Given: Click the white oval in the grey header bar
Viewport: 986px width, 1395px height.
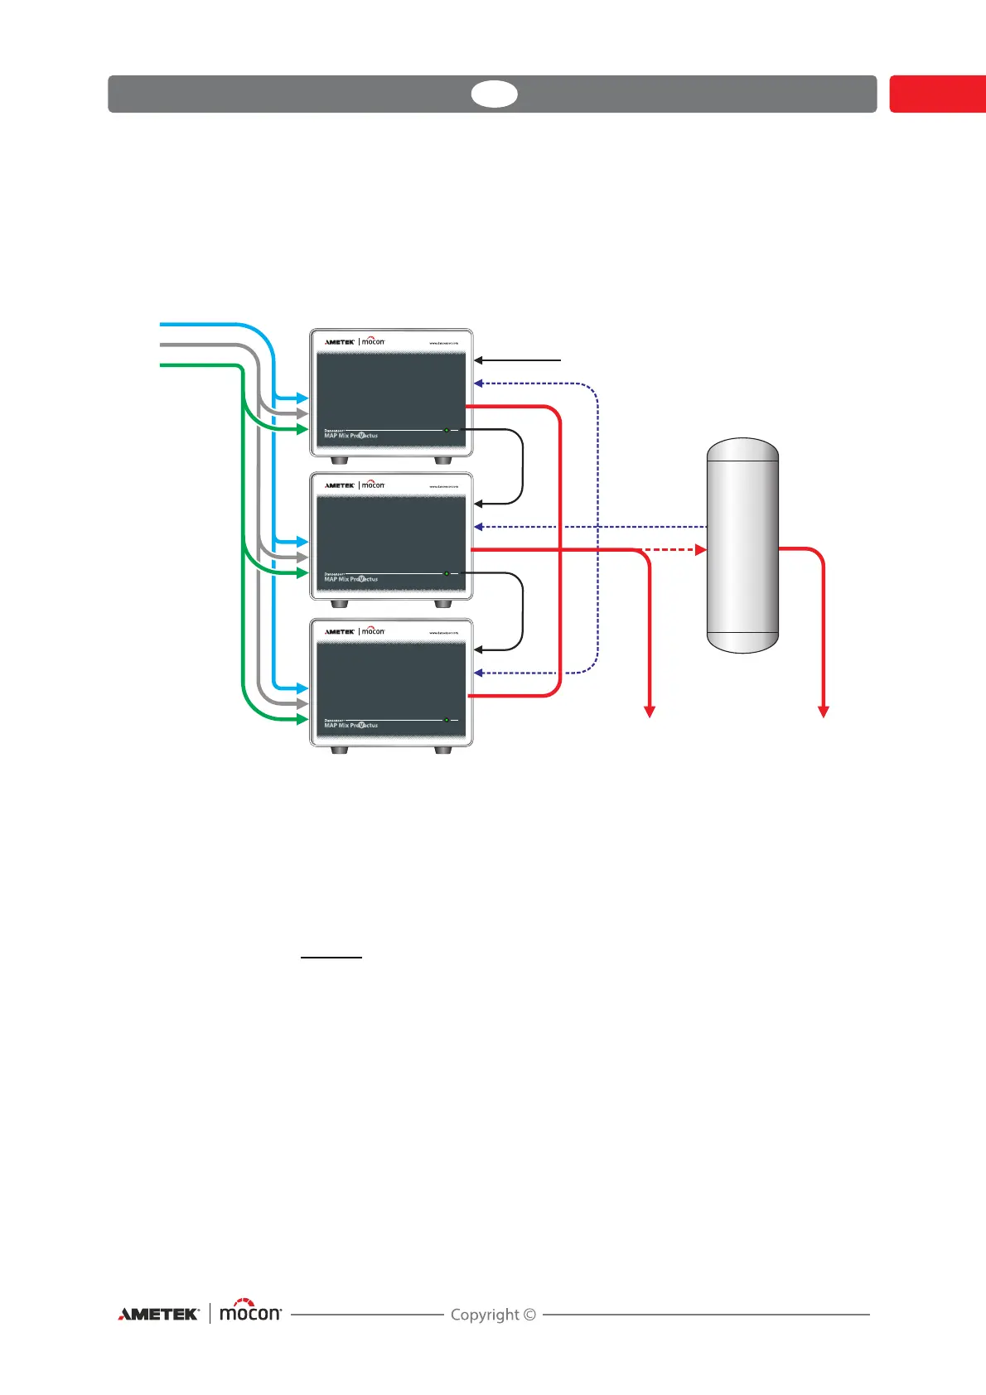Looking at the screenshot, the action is point(495,94).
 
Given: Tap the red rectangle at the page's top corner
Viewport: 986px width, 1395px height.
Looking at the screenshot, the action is point(937,94).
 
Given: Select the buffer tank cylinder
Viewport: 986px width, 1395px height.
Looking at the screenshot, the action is point(742,546).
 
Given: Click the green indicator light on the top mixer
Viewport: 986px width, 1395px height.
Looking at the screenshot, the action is point(447,430).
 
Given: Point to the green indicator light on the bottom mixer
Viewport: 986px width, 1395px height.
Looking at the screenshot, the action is point(447,720).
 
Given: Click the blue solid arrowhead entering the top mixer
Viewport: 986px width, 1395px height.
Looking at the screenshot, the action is point(302,398).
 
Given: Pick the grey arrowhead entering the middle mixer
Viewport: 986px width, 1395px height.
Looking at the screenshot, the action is point(302,558).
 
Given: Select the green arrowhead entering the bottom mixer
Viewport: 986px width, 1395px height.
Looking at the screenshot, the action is point(302,719).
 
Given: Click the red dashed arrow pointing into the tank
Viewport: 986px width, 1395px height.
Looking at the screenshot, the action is point(674,549).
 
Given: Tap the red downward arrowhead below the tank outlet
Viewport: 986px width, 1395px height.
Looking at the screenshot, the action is point(824,711).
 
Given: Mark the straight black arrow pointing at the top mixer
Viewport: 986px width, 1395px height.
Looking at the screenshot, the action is point(518,360).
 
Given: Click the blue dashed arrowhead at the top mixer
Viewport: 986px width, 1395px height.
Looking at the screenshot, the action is point(479,384).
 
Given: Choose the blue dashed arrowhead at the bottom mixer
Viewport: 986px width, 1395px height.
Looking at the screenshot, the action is point(479,673).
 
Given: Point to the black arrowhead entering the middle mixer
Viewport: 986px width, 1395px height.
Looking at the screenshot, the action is point(479,504).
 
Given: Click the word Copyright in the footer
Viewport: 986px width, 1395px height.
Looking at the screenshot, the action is point(485,1315).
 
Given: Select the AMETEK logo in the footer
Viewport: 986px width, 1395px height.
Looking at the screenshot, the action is point(158,1314).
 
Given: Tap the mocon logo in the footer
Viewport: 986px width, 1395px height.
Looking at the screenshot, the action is point(250,1312).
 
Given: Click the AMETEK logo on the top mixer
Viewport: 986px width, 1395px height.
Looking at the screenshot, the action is point(340,341).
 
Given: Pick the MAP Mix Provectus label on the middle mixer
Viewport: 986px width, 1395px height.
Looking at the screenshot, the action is point(350,579).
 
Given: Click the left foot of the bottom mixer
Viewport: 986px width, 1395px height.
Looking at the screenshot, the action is point(338,750).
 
